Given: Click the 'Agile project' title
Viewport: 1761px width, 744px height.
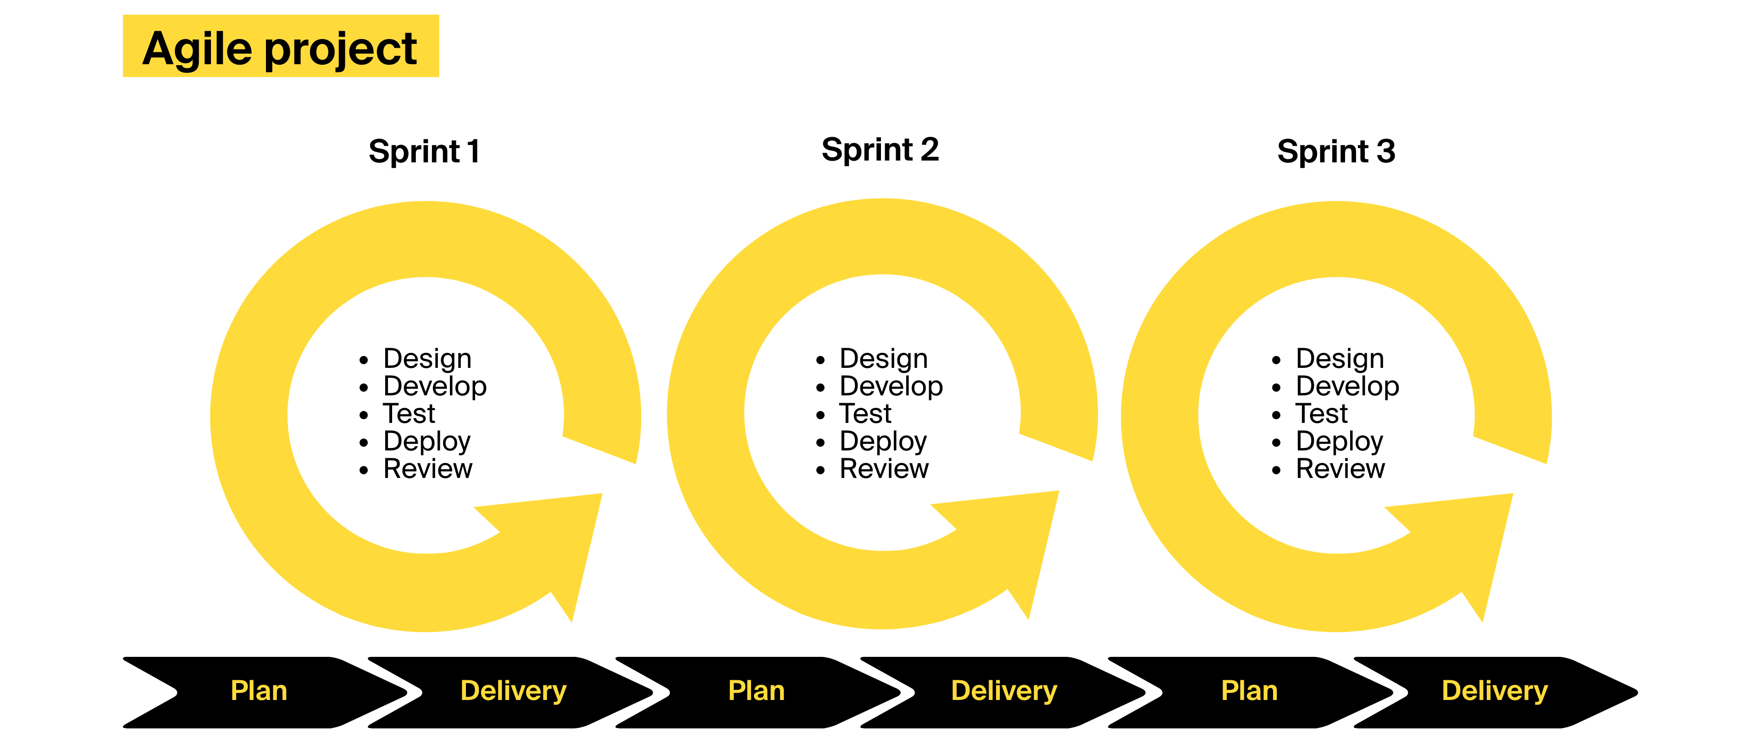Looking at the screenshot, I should (280, 48).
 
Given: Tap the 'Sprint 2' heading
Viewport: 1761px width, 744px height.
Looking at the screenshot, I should (880, 150).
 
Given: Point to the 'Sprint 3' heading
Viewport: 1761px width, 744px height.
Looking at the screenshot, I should (1336, 151).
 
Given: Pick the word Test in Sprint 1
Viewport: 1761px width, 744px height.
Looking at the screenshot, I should (409, 414).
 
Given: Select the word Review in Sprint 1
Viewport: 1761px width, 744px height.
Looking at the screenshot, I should (428, 469).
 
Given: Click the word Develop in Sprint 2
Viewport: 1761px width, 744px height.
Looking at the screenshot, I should (891, 386).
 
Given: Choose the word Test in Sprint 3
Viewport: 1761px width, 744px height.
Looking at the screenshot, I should (1321, 414).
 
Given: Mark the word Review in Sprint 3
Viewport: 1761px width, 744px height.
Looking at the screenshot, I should (1340, 469).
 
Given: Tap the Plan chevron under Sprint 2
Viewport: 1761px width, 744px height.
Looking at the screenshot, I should (756, 691).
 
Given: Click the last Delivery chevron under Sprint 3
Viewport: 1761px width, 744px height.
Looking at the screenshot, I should (1495, 691).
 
